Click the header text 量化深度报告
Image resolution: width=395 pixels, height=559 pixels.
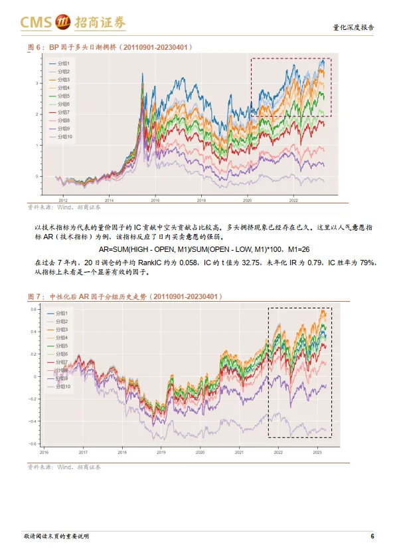(353, 28)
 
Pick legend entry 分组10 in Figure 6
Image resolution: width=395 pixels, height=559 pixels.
(64, 136)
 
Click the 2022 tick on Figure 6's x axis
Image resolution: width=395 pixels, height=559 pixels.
(294, 199)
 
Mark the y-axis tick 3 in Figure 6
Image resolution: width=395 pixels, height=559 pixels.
(38, 83)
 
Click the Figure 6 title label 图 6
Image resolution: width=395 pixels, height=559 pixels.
(34, 47)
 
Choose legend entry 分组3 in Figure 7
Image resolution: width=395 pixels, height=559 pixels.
(62, 330)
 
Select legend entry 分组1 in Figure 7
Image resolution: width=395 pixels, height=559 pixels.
(62, 313)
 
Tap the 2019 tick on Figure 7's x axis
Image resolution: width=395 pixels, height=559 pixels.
(161, 452)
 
